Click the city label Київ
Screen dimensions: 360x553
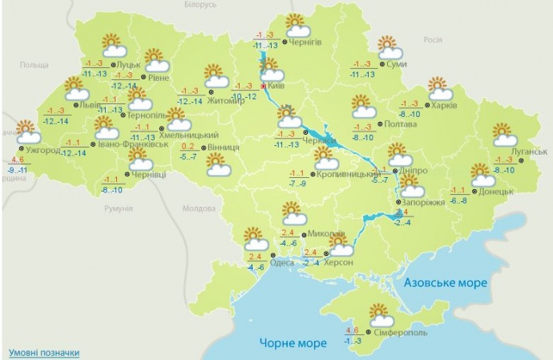[277, 84]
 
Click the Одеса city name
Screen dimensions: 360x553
[282, 261]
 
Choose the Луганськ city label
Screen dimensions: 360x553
[529, 151]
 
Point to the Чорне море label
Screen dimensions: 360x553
[293, 343]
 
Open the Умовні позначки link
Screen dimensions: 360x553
[44, 353]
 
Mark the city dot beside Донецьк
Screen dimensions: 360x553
[474, 192]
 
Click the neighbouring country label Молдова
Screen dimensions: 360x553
[200, 208]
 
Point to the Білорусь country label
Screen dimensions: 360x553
[200, 5]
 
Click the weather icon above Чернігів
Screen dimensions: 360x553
[297, 24]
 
